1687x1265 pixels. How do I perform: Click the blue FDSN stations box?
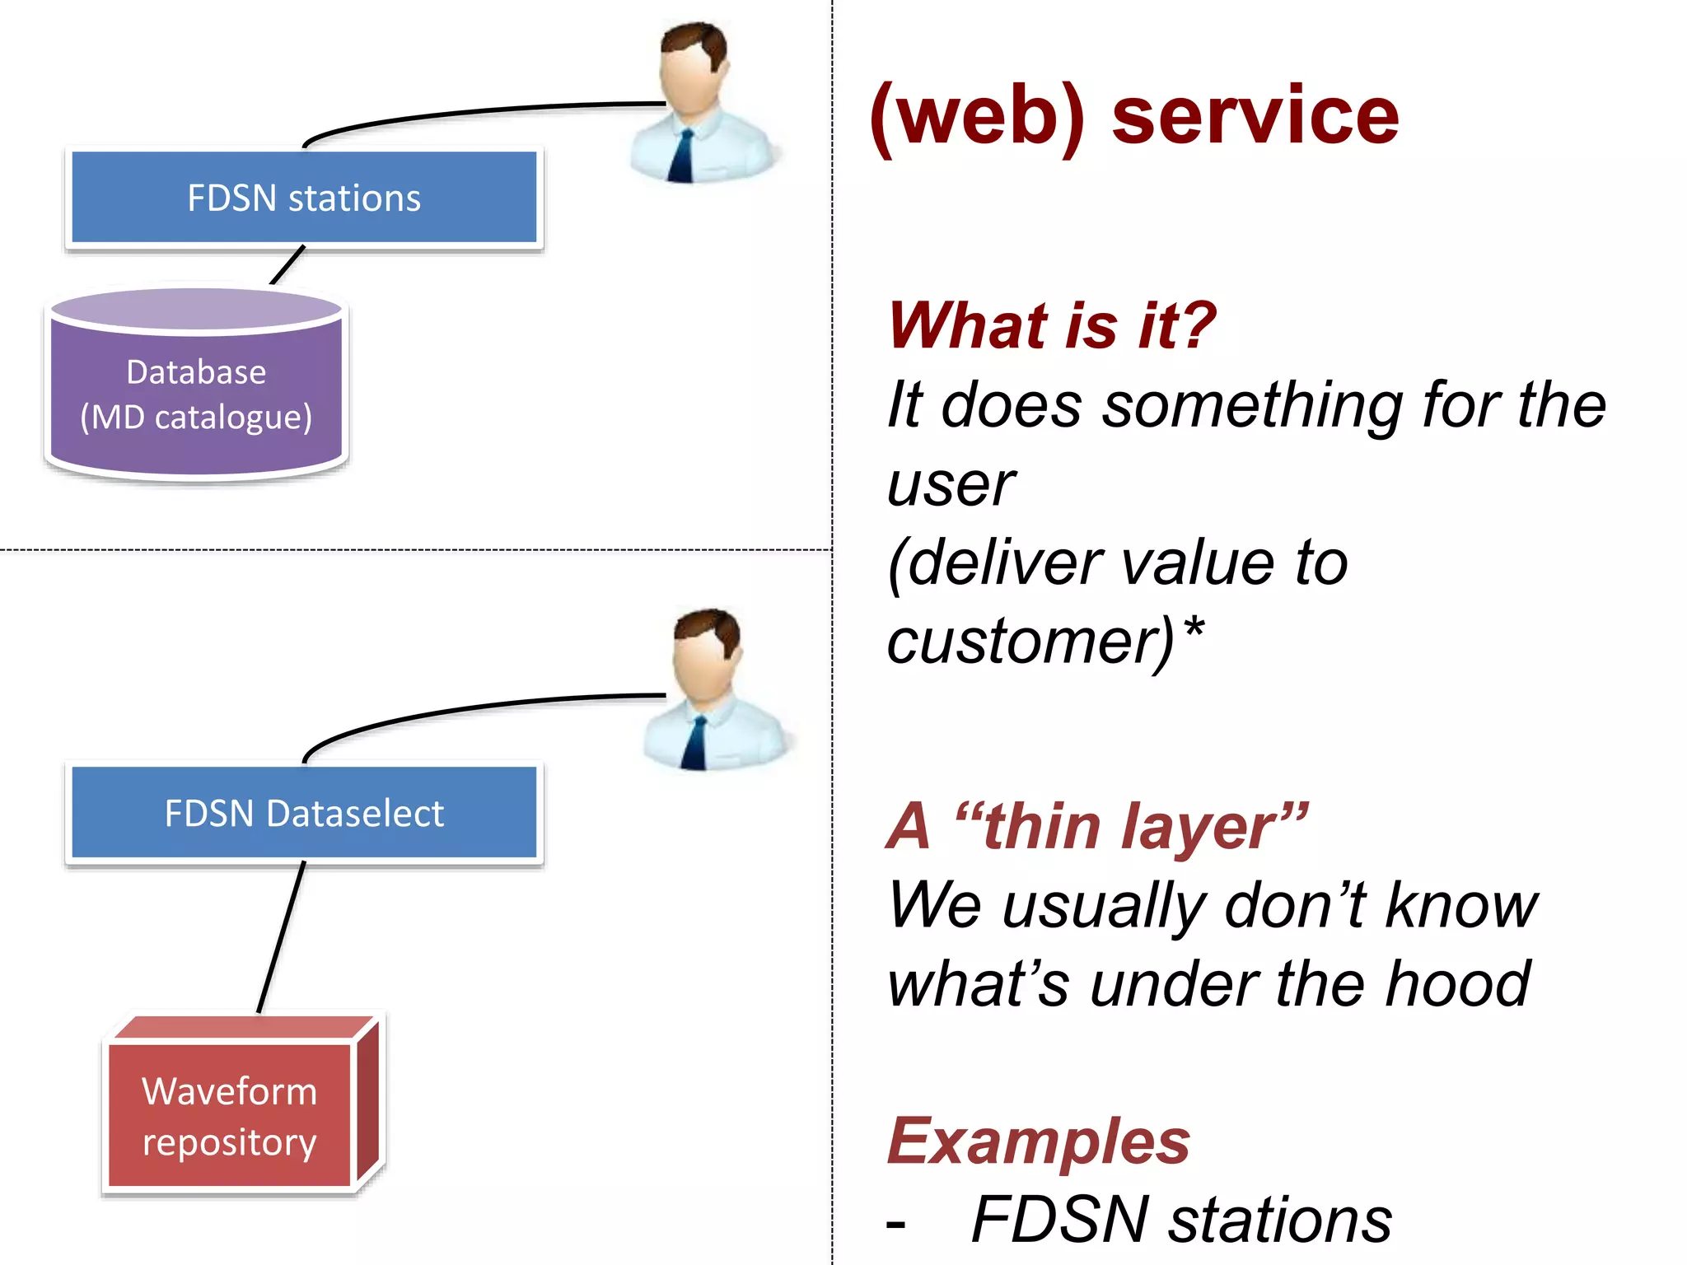[x=304, y=198]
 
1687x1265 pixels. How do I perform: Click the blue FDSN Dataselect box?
[x=304, y=813]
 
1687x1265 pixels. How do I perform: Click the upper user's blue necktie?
[x=683, y=156]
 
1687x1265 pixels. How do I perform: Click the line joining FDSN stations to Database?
[x=287, y=265]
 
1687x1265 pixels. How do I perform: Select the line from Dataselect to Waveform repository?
[x=282, y=936]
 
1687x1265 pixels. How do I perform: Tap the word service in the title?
[x=1255, y=115]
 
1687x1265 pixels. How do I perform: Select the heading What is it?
[x=1051, y=324]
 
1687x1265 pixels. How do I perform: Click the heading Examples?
[x=1038, y=1141]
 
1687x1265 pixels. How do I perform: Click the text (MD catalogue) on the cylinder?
[x=196, y=417]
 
